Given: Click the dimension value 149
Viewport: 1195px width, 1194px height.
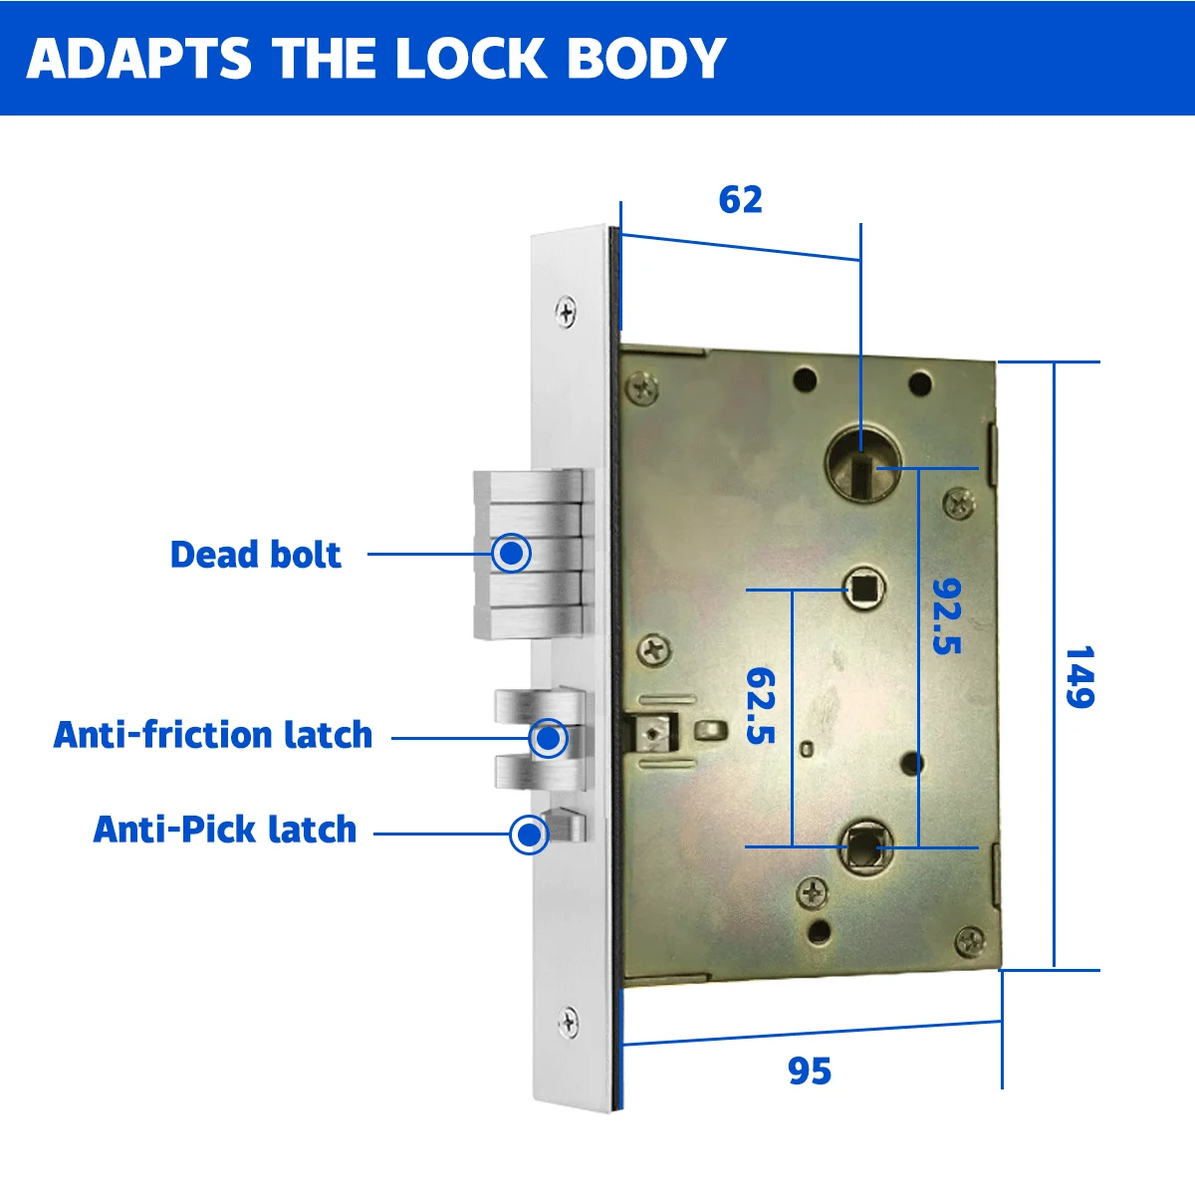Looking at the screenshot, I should point(1079,677).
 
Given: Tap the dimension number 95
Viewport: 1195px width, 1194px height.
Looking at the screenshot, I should point(809,1072).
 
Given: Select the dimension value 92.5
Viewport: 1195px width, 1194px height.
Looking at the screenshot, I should point(947,615).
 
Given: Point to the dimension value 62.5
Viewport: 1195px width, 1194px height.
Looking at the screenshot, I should point(761,705).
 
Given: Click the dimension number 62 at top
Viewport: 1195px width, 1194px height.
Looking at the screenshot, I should point(740,200).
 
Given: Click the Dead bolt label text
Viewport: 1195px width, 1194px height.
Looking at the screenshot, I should point(255,555).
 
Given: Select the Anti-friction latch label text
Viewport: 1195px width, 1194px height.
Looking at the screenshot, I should point(213,735).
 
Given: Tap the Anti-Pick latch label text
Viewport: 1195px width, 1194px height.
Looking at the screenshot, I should point(225,830).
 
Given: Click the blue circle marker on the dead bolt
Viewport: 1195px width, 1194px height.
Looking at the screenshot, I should point(512,553).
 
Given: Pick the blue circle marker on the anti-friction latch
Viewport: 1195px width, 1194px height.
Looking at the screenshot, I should point(548,739).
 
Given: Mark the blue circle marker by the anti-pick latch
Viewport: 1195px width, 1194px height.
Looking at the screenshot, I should point(529,835).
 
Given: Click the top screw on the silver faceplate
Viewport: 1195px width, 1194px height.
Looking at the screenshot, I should point(566,313).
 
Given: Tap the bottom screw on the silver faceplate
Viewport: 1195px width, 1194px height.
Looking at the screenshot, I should point(568,1022).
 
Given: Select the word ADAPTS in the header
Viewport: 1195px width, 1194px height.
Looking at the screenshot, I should point(139,59).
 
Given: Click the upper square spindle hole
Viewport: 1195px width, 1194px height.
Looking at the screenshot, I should point(862,588).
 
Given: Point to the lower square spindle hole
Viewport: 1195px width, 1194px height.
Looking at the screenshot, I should point(861,847).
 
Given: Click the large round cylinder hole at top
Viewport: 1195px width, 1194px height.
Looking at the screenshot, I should point(862,463).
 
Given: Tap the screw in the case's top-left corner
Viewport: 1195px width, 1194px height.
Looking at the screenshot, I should point(644,386).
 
